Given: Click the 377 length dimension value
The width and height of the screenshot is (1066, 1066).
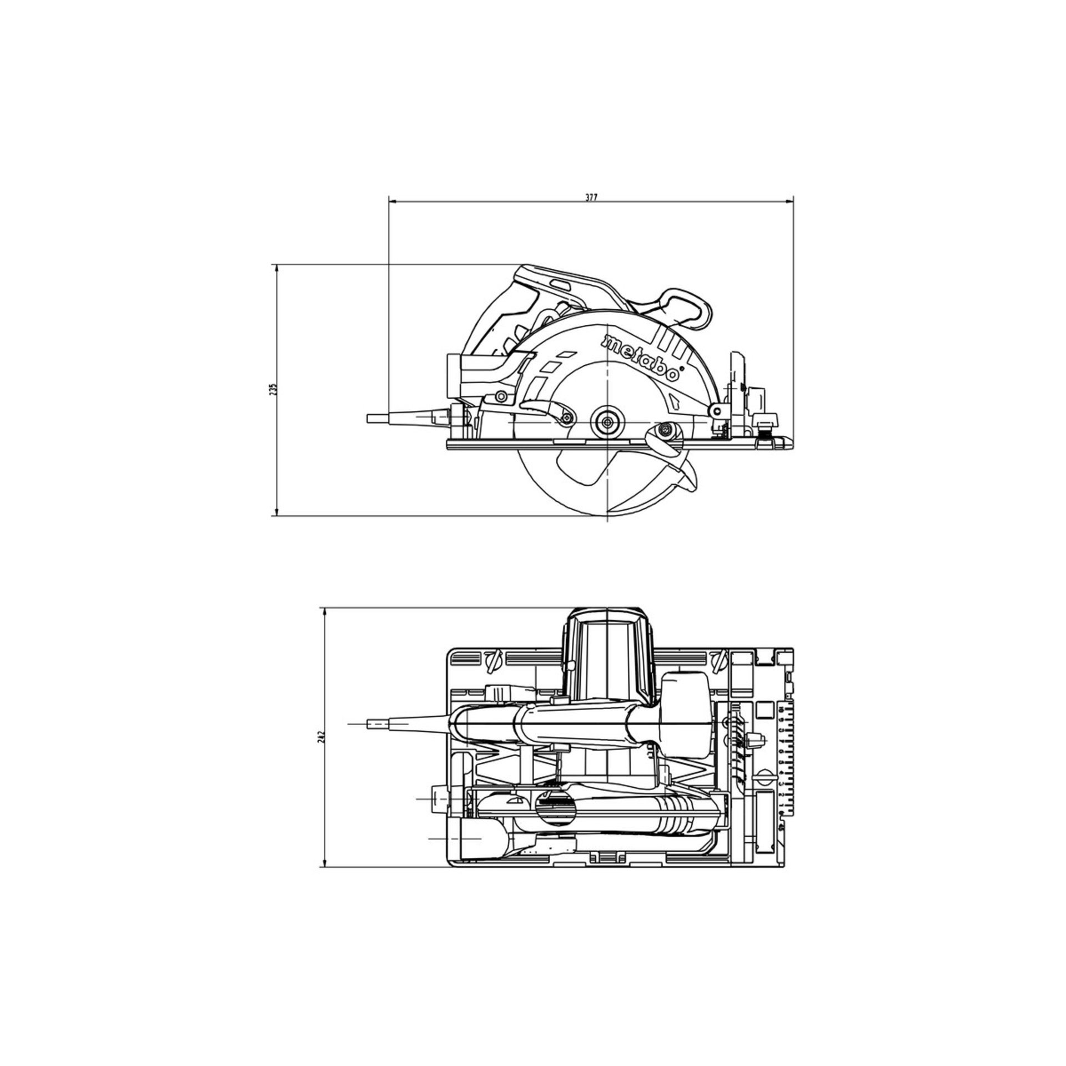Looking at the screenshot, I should [x=591, y=198].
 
